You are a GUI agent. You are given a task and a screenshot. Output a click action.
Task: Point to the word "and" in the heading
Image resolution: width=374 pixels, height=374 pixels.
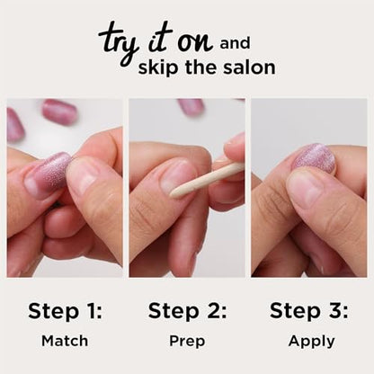point(236,41)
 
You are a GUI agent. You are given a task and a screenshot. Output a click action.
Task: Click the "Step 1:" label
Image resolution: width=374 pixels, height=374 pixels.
point(65,311)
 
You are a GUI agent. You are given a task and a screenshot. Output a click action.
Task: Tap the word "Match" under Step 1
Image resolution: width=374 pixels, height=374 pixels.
point(65,341)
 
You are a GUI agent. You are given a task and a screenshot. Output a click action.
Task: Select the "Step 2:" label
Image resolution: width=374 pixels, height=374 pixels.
point(186,311)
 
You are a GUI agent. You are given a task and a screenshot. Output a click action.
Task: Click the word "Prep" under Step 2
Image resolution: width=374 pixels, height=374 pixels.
point(186,342)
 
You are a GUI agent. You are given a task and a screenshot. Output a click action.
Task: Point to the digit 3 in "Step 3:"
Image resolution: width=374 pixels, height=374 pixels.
point(334,311)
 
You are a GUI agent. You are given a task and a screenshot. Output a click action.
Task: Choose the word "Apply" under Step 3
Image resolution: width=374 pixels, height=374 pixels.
point(312,341)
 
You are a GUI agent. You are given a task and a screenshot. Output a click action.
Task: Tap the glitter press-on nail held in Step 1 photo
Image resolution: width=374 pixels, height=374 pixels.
point(47,175)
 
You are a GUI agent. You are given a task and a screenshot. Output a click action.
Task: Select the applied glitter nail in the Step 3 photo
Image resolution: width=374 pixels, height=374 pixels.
point(315,158)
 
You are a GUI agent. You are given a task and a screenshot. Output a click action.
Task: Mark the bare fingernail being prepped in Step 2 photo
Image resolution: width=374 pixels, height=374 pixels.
point(178,176)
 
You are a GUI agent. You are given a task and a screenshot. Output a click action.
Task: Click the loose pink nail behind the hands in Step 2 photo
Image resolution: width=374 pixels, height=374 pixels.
point(191,107)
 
